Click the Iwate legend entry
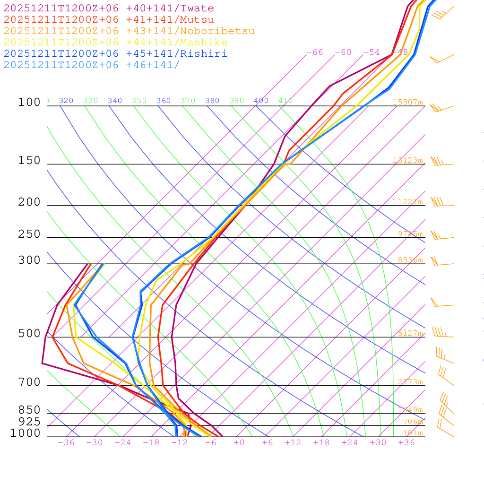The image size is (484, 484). click(109, 9)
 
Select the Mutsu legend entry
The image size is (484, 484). click(109, 20)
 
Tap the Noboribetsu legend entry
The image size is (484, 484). click(129, 31)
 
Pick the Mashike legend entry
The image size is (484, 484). click(115, 43)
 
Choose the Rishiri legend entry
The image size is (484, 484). click(115, 54)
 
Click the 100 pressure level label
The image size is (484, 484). click(29, 103)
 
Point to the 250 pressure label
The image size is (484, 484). click(29, 234)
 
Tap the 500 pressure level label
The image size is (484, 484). click(29, 334)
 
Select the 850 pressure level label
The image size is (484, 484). click(29, 410)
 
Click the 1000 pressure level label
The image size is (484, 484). click(25, 433)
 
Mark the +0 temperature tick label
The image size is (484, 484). click(239, 443)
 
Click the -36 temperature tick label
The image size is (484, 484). click(66, 443)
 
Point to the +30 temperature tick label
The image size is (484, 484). click(378, 443)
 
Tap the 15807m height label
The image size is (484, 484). click(408, 102)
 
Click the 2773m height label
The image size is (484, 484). click(410, 382)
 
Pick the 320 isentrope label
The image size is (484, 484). click(66, 101)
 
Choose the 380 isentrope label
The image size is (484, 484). click(212, 101)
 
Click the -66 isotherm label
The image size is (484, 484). click(315, 52)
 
